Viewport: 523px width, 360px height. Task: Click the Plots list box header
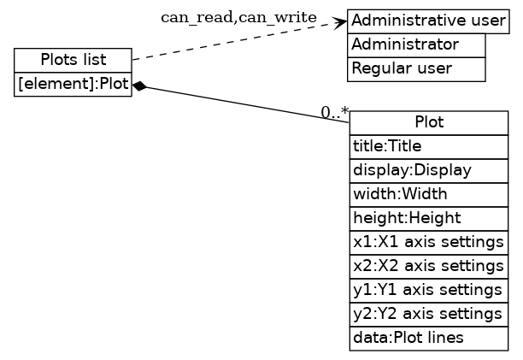[x=73, y=60]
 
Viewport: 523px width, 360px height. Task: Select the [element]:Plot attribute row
[x=73, y=85]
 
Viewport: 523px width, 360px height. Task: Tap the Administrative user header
[x=428, y=21]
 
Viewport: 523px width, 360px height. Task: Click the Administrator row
[x=416, y=44]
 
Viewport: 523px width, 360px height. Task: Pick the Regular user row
[x=416, y=68]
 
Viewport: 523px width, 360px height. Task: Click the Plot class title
[x=428, y=121]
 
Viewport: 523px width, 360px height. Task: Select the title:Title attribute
[x=428, y=145]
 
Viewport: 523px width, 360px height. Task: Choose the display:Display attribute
[x=428, y=170]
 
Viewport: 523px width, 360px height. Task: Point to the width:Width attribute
[x=428, y=194]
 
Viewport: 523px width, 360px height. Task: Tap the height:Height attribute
[x=428, y=218]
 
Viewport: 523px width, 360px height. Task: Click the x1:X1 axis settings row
[x=428, y=242]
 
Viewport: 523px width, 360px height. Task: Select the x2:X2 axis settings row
[x=428, y=266]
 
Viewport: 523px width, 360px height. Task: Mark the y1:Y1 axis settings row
[x=428, y=290]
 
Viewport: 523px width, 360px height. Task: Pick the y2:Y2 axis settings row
[x=428, y=314]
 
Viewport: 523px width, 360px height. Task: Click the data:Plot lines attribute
[x=428, y=338]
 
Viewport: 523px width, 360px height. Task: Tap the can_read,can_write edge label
[x=238, y=18]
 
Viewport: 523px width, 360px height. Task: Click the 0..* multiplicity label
[x=334, y=111]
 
